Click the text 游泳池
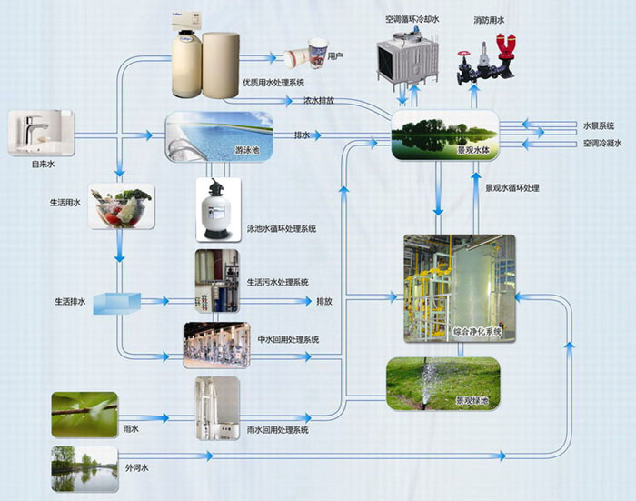point(248,148)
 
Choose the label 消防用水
point(489,19)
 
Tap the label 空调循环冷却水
point(412,19)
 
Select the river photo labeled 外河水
point(84,467)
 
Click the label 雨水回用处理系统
point(277,429)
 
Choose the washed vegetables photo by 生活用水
point(123,207)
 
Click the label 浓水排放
point(318,100)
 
